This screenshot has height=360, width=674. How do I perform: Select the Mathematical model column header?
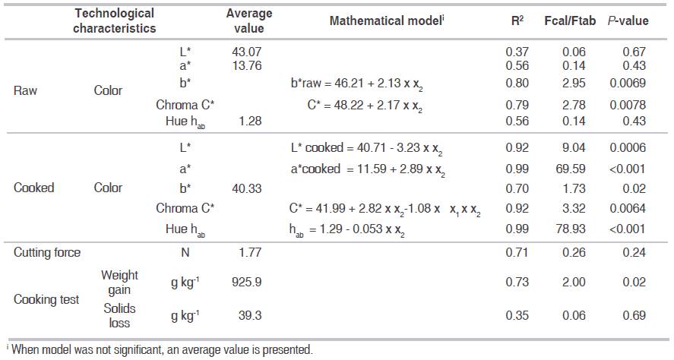pos(386,21)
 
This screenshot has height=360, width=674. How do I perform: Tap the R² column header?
pos(517,21)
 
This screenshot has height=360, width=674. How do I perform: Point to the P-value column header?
pos(628,21)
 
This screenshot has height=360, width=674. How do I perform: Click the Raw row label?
pos(27,90)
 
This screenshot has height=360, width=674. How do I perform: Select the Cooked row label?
pos(34,188)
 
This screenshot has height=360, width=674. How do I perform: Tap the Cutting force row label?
pos(46,252)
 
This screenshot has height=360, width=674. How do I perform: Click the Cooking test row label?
pos(46,299)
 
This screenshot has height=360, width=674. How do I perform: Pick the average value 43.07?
pos(246,52)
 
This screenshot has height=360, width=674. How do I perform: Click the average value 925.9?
pos(246,282)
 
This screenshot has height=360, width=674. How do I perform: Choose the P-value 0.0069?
pos(628,83)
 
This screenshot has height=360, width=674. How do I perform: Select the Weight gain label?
pos(119,282)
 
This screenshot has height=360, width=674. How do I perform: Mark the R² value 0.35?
pos(517,314)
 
